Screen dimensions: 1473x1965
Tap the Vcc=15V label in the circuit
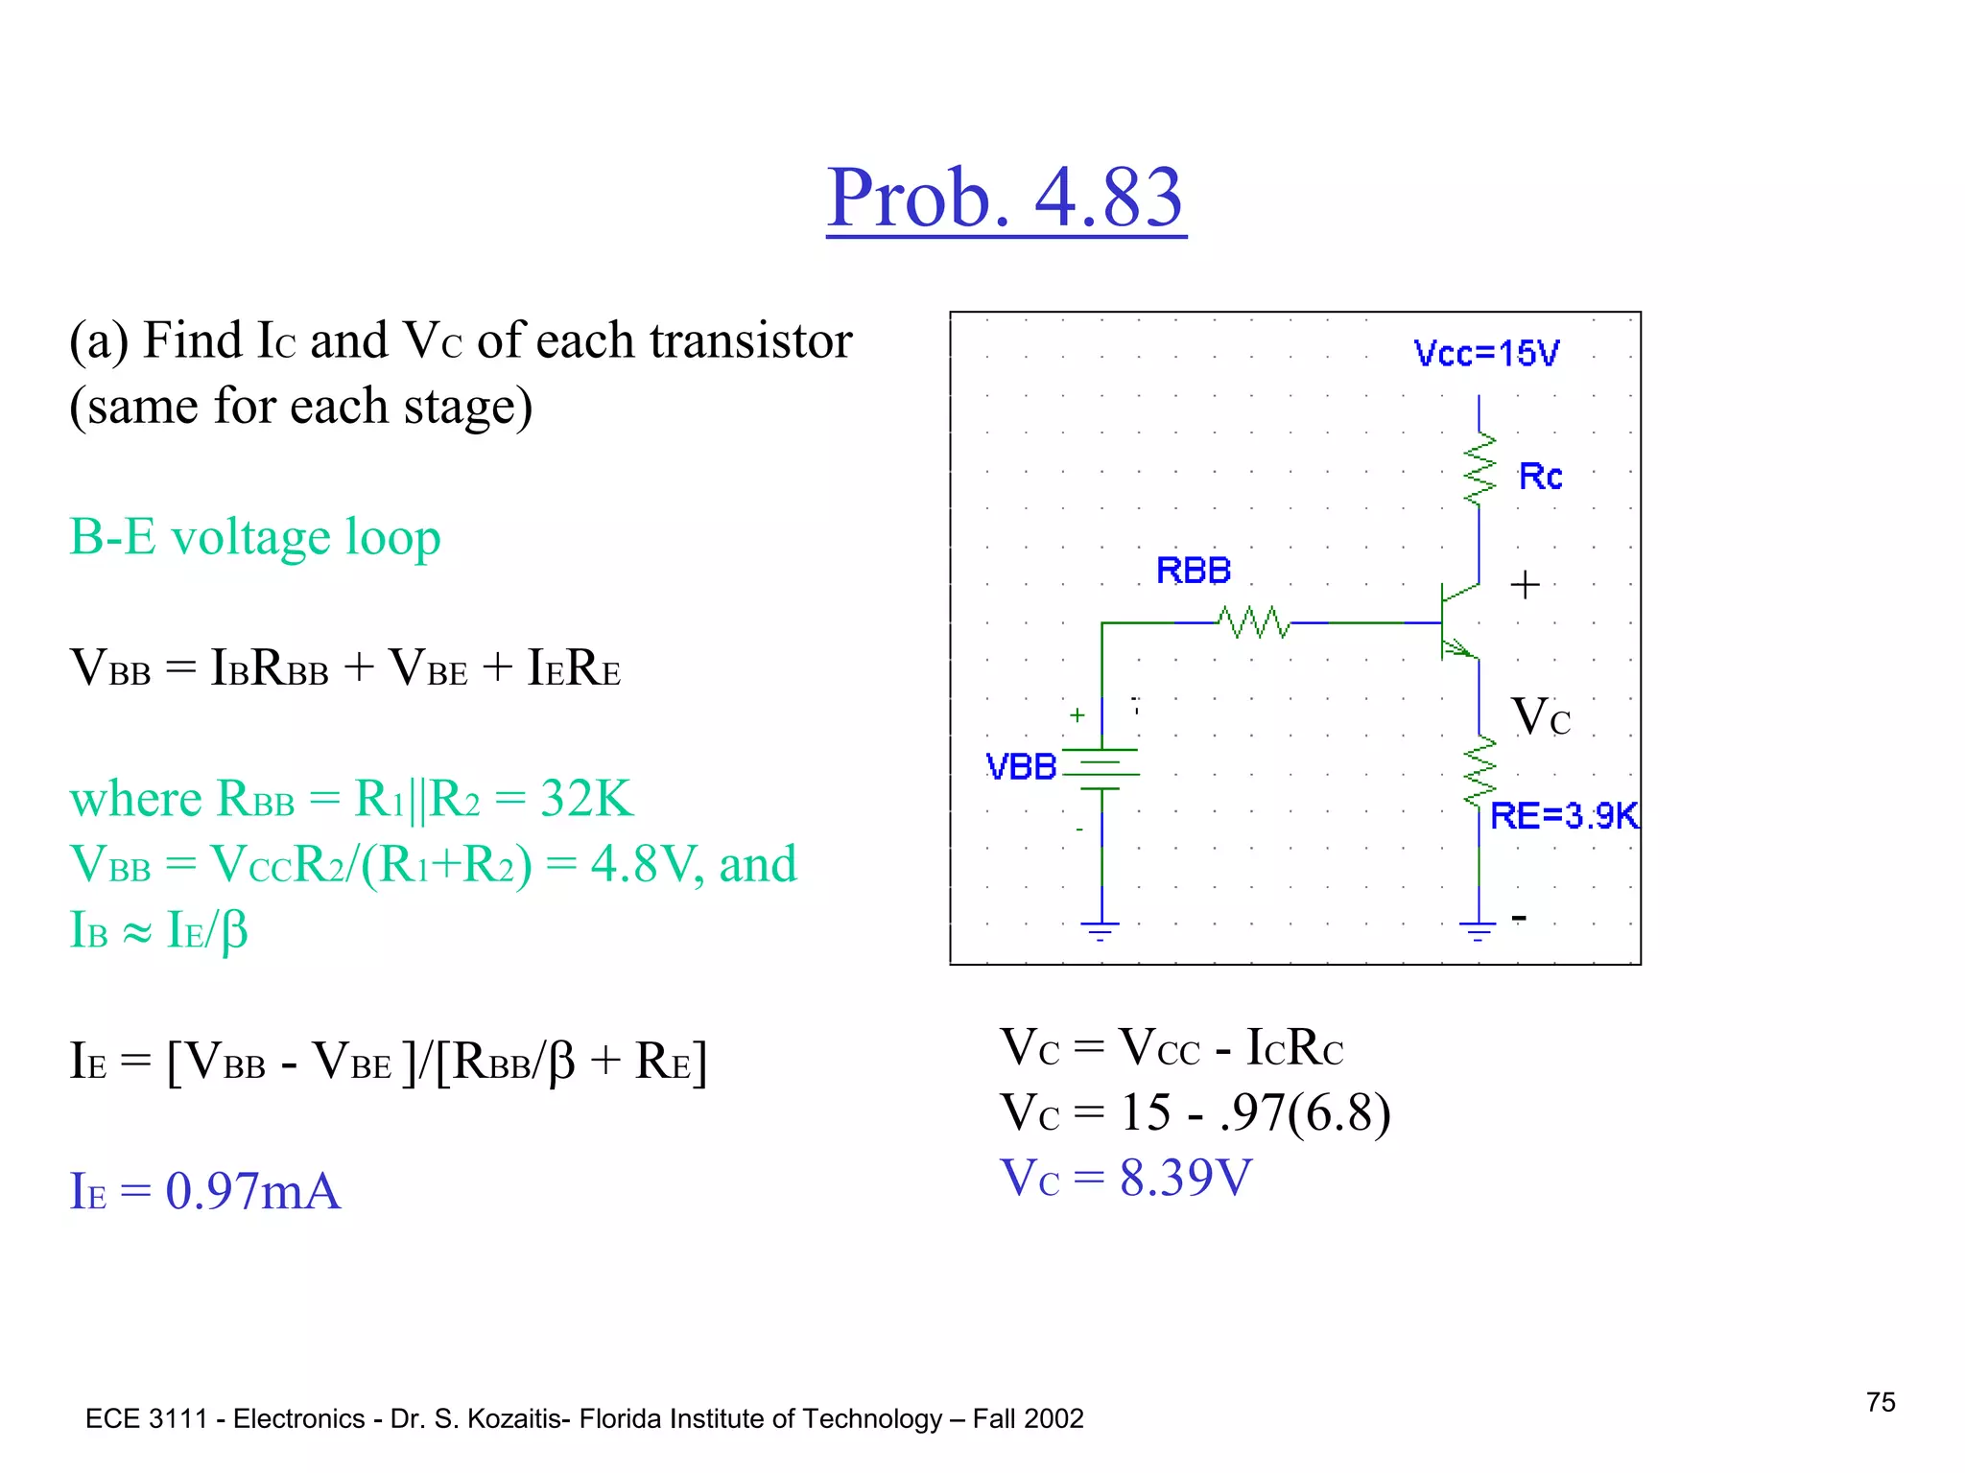coord(1486,354)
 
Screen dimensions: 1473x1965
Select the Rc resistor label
coord(1540,477)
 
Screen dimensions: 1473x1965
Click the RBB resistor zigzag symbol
coord(1254,623)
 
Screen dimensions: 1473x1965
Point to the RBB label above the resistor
coord(1193,571)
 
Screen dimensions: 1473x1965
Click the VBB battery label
coord(1021,767)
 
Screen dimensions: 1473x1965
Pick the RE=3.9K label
coord(1564,816)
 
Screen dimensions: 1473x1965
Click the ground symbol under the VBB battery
coord(1101,929)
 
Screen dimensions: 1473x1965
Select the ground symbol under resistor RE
coord(1478,929)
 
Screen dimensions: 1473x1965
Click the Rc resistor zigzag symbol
coord(1479,469)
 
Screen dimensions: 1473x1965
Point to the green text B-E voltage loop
coord(255,537)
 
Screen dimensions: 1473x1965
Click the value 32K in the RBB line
coord(586,798)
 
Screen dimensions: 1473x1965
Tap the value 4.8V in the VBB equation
coord(638,864)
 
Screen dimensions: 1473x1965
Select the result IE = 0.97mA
coord(205,1191)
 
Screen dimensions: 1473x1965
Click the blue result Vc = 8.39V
coord(1125,1178)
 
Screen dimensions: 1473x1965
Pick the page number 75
coord(1881,1402)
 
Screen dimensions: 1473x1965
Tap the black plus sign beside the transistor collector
coord(1525,584)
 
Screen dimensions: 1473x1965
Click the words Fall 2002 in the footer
coord(1028,1418)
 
